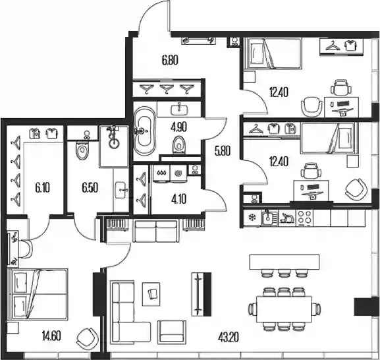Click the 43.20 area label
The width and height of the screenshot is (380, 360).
pos(229,337)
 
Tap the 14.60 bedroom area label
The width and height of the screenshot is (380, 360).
pos(51,336)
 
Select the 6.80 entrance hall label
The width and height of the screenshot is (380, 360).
pos(170,60)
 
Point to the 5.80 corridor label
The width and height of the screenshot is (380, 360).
pos(222,151)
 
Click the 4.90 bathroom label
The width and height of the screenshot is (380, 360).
pos(178,127)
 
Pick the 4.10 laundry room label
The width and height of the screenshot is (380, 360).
pos(178,199)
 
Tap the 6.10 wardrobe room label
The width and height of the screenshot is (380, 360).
pos(42,188)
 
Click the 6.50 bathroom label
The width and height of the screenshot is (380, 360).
pos(90,188)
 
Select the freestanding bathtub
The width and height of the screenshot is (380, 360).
pos(145,131)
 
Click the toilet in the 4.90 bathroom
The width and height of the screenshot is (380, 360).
pos(179,145)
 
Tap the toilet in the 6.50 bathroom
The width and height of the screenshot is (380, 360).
pos(82,150)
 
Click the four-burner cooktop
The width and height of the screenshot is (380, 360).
pos(304,218)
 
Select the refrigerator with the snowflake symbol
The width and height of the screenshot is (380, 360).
pos(252,218)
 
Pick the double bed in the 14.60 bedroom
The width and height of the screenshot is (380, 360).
pos(38,294)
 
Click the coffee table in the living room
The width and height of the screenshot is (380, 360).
pos(151,294)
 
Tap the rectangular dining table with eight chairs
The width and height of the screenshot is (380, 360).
pos(285,309)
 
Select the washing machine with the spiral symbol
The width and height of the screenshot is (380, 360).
pos(178,173)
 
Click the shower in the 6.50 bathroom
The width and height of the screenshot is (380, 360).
pos(114,146)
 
